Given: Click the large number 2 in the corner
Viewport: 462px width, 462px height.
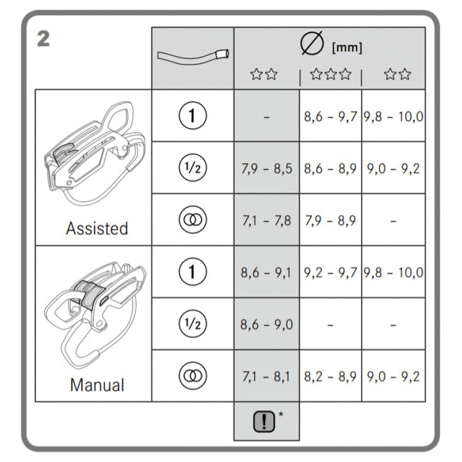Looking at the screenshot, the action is click(43, 39).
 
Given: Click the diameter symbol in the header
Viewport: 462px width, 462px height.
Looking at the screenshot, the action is click(312, 43).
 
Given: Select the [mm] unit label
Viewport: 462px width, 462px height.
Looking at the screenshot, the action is click(347, 48).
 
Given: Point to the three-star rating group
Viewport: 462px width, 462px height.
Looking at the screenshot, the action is click(331, 74).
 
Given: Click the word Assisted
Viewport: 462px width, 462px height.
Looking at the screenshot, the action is click(97, 228).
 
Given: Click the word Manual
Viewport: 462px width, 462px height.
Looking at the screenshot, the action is click(97, 385).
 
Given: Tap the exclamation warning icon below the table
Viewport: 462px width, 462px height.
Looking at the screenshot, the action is click(264, 421).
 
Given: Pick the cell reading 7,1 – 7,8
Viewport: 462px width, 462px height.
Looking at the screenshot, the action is click(267, 220).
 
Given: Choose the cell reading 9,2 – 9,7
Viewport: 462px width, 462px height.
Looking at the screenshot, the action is click(331, 273).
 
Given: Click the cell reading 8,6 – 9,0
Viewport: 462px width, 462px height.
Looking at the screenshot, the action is click(267, 325).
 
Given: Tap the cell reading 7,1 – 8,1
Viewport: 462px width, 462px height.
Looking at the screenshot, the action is click(266, 377).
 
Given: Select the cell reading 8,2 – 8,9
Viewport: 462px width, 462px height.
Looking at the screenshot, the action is click(331, 377).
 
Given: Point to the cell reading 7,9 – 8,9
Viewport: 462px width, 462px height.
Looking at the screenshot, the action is click(331, 220).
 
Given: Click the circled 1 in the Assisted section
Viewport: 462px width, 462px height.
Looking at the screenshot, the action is click(193, 115).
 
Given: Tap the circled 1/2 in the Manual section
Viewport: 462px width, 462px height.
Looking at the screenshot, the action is click(193, 323).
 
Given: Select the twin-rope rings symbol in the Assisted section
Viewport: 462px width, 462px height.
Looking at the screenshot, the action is click(193, 220).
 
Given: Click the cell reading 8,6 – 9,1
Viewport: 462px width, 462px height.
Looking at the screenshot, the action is click(266, 273).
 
